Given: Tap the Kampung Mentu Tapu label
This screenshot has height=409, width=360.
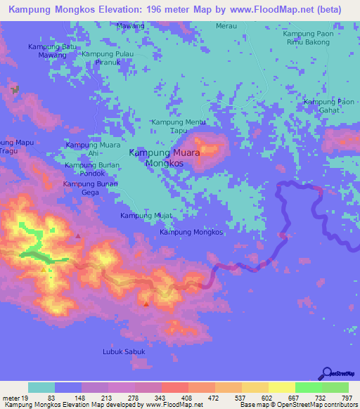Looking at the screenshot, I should click(179, 126).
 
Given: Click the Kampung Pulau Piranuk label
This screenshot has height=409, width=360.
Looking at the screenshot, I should click(108, 58).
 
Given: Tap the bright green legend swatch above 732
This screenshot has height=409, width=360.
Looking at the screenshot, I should click(309, 387).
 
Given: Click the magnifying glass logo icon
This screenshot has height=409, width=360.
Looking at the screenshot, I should click(326, 372).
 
